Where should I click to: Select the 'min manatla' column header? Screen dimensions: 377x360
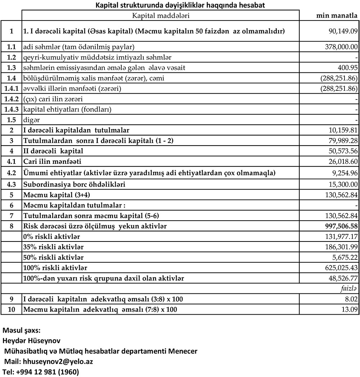(337, 15)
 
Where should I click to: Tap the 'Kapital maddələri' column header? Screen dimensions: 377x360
(161, 15)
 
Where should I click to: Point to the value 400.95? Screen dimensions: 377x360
(347, 68)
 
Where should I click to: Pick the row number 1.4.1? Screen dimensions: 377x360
(11, 88)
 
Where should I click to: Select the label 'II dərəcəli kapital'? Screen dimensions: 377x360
(53, 151)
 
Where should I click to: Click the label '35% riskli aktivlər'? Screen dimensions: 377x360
(53, 247)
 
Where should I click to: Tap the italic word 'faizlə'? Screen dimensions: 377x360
(349, 289)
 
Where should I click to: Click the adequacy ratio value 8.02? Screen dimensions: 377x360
(351, 299)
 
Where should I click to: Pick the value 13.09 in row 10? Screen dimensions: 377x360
(350, 310)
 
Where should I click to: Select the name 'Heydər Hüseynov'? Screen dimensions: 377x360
(31, 341)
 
